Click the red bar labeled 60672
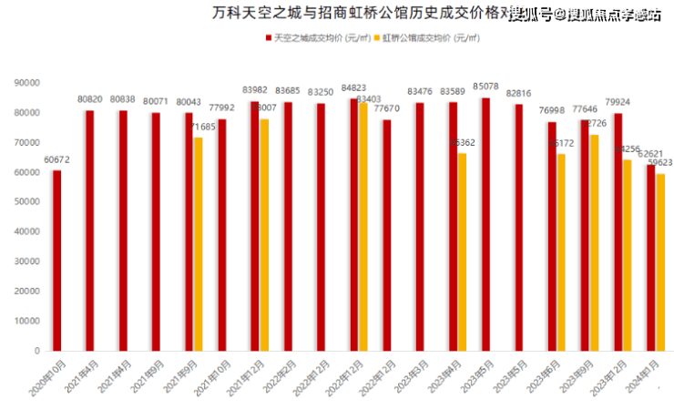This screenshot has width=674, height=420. pos(56,261)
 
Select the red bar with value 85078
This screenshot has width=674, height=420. pos(485,224)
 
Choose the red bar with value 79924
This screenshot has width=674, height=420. pos(618,231)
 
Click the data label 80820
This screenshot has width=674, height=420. pos(89,98)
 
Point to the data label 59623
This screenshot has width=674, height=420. pos(660,162)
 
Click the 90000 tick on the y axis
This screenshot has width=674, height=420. pos(28,83)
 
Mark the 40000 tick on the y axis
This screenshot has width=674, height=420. pos(28,231)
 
